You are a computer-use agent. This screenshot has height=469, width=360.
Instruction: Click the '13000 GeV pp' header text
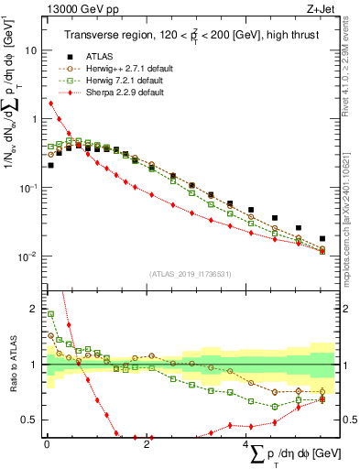76,10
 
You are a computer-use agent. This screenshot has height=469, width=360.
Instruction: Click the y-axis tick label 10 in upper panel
30,50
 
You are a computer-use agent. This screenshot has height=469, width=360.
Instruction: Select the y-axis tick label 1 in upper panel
34,119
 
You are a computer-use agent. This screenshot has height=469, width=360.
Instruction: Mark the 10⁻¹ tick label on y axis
27,187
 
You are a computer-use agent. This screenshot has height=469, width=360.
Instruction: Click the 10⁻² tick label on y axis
27,256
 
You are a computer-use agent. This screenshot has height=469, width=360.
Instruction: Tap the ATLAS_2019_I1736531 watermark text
189,274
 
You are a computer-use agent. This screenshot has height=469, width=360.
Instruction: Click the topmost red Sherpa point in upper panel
50,103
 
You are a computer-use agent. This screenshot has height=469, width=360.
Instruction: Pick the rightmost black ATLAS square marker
322,238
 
